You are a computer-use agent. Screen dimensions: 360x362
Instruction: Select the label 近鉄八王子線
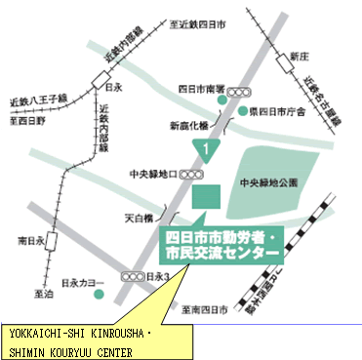[36, 100]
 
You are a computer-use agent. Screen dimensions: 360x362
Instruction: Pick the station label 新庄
[299, 58]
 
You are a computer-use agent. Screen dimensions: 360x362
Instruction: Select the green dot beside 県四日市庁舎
[244, 111]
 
